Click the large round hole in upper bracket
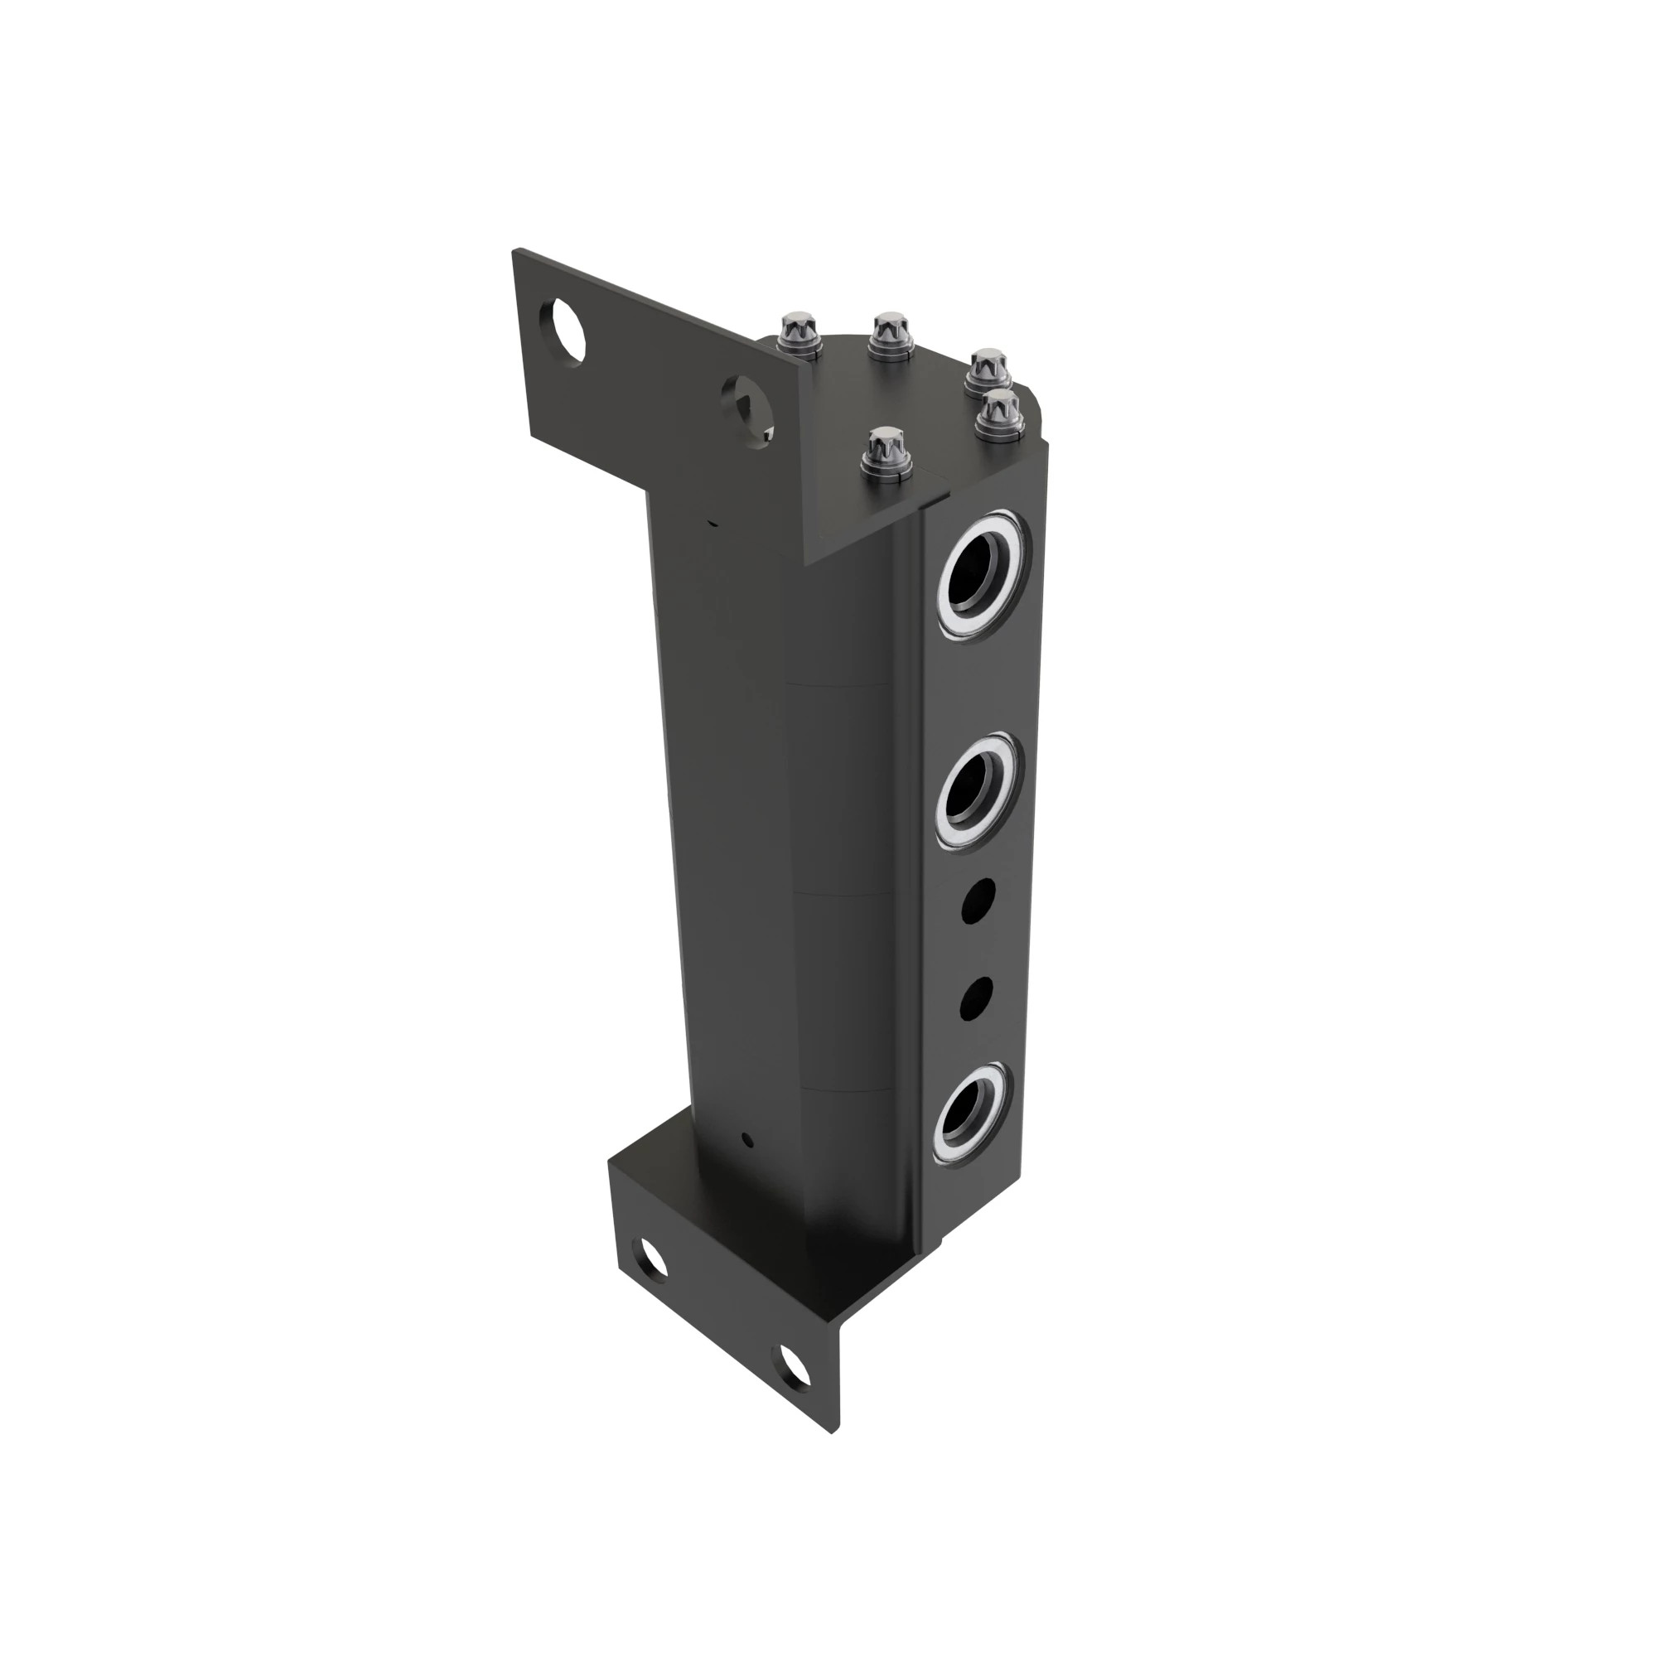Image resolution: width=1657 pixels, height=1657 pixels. (x=563, y=327)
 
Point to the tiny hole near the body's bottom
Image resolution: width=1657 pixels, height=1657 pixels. (x=747, y=1141)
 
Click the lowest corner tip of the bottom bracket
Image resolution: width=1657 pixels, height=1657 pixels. (x=832, y=1432)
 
